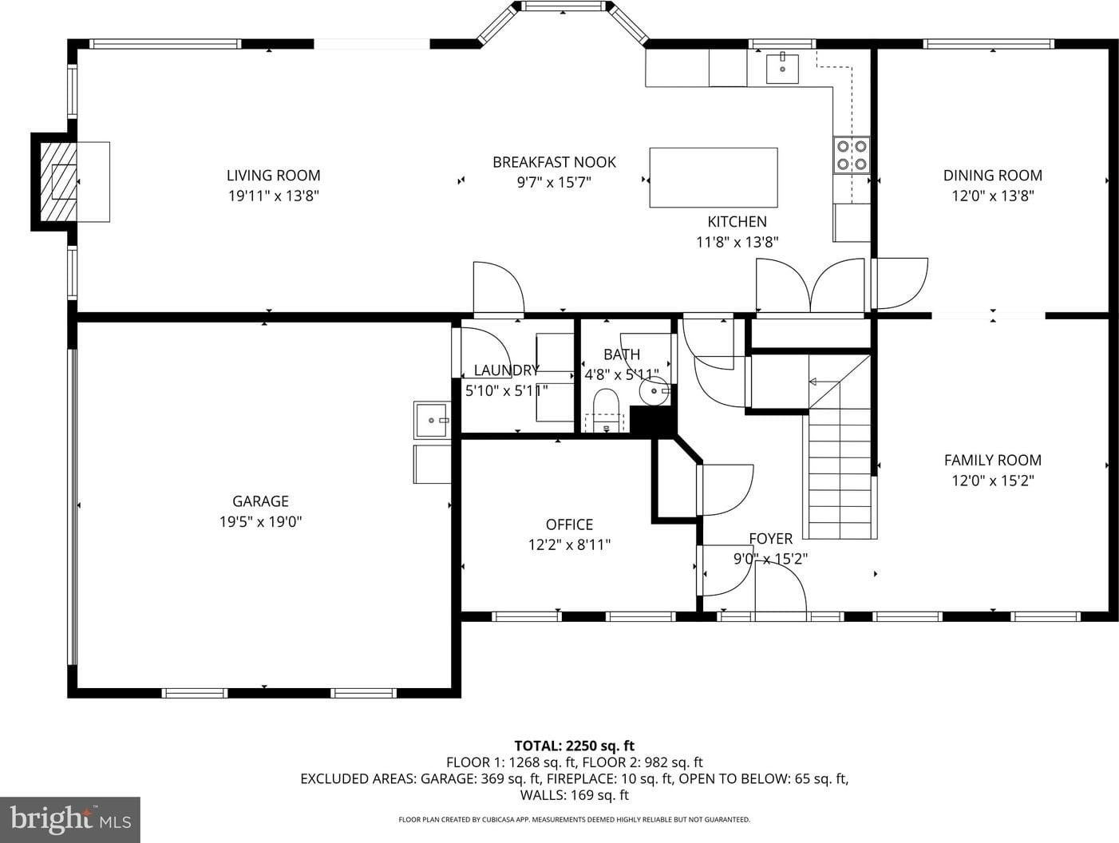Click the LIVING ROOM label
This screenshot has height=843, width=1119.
[x=273, y=176]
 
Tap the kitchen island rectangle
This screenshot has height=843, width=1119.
[x=714, y=177]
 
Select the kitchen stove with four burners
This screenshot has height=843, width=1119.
[x=852, y=155]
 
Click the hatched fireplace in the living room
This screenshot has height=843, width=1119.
[x=58, y=181]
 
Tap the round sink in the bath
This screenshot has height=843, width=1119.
[x=654, y=391]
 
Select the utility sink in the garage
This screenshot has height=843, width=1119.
[x=433, y=420]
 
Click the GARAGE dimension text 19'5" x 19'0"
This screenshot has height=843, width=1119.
[x=260, y=522]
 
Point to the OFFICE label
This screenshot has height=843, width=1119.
[x=569, y=524]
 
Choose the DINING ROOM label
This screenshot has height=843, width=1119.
[x=993, y=176]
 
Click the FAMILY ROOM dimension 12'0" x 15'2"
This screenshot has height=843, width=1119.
[x=993, y=481]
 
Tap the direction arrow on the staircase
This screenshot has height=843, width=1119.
[x=824, y=382]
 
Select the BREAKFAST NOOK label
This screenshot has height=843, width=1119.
[x=554, y=162]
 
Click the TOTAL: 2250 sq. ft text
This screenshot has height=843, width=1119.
[x=575, y=746]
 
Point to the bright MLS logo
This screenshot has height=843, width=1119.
[x=70, y=820]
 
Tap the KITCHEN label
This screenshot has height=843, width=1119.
[x=737, y=222]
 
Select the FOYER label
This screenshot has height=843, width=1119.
[x=771, y=538]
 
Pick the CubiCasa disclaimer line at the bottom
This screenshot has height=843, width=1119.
[x=574, y=820]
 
